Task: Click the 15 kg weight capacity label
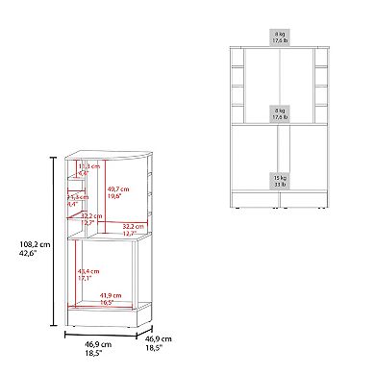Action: click(x=280, y=179)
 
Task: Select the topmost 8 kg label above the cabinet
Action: click(x=280, y=37)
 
